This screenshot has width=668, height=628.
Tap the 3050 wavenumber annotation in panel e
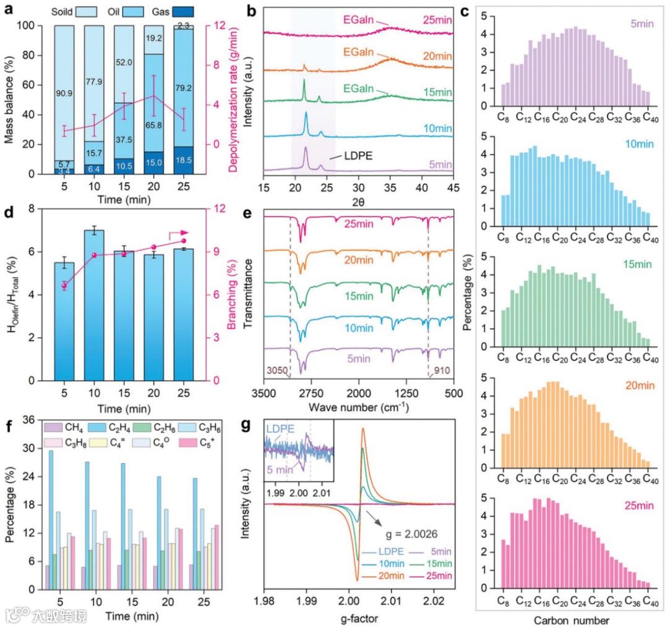(276, 388)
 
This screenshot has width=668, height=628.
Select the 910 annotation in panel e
(443, 388)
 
